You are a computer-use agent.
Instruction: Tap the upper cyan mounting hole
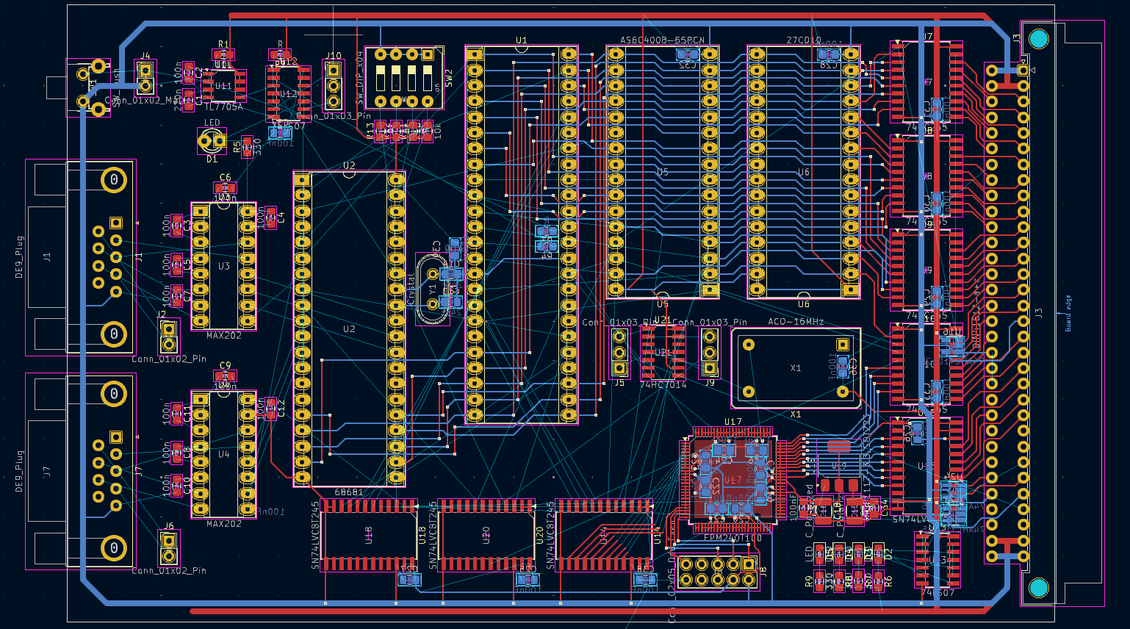click(x=1038, y=39)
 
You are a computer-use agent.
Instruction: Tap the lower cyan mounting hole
click(x=1038, y=587)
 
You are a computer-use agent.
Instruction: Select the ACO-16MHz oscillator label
click(x=796, y=322)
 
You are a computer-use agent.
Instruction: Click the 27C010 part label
click(x=804, y=40)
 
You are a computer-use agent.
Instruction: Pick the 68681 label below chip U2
click(x=349, y=492)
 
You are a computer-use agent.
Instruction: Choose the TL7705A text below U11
click(x=223, y=107)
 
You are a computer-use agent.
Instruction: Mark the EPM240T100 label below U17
click(x=733, y=538)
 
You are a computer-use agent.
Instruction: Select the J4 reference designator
click(x=145, y=56)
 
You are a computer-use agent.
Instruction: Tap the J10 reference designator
click(x=334, y=55)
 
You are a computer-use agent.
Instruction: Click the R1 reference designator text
click(x=223, y=45)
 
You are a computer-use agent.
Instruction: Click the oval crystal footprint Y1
click(x=432, y=289)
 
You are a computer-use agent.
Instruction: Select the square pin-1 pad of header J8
click(x=749, y=564)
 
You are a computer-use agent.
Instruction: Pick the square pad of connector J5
click(x=619, y=367)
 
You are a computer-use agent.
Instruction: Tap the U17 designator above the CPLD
click(x=733, y=422)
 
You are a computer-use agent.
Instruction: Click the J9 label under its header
click(x=709, y=383)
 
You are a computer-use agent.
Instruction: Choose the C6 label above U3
click(x=225, y=177)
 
